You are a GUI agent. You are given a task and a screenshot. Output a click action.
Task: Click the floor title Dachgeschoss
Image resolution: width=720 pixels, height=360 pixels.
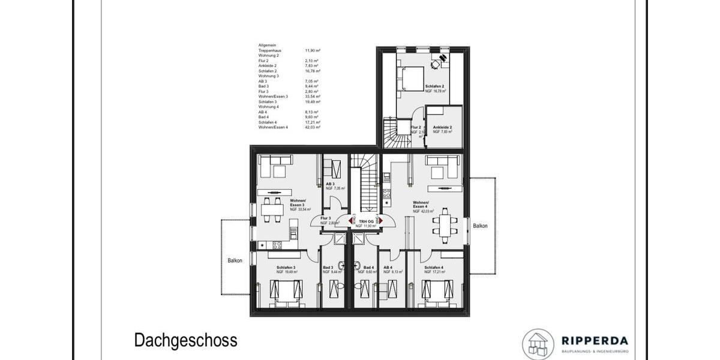(185, 341)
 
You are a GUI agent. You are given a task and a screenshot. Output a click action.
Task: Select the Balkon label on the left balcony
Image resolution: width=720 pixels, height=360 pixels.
(235, 260)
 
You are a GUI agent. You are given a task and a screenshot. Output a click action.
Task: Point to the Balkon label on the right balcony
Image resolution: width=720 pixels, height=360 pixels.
(480, 226)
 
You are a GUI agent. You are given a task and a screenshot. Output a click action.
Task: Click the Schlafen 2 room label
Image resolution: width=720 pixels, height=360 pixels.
(435, 87)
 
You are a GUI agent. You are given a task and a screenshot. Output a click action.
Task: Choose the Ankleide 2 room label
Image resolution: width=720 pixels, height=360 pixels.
(442, 128)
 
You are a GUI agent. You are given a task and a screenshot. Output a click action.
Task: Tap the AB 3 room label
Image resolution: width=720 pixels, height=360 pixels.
(331, 184)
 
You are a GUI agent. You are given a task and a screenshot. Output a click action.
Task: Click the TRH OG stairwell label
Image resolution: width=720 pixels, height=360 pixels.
(365, 222)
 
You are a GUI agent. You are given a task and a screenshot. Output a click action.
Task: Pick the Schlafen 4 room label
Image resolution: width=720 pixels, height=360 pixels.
(434, 268)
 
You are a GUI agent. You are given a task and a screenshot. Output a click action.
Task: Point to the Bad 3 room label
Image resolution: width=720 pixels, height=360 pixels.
(328, 268)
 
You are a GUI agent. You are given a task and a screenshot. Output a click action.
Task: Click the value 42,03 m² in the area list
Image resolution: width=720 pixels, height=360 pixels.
(312, 128)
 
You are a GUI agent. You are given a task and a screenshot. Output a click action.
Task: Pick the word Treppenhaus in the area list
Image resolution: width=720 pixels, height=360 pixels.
(269, 51)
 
